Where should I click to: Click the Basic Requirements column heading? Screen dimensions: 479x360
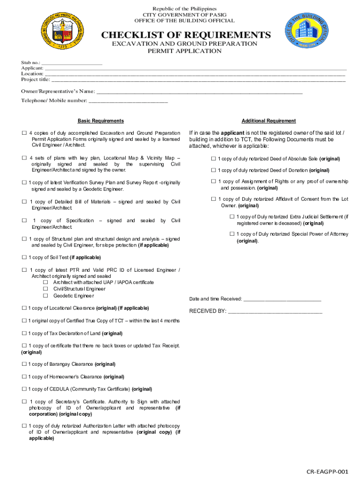pyautogui.click(x=101, y=121)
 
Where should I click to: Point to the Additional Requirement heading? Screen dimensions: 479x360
pyautogui.click(x=268, y=121)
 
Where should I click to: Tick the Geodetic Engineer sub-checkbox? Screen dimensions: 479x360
pyautogui.click(x=46, y=296)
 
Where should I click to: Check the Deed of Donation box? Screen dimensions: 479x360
pyautogui.click(x=213, y=170)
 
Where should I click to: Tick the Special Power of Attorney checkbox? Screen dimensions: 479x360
pyautogui.click(x=232, y=234)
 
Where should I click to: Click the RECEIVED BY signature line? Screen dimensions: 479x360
pyautogui.click(x=275, y=312)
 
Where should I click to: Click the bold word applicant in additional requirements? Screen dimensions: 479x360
pyautogui.click(x=232, y=133)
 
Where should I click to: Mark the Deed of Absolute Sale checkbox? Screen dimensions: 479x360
pyautogui.click(x=213, y=159)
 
